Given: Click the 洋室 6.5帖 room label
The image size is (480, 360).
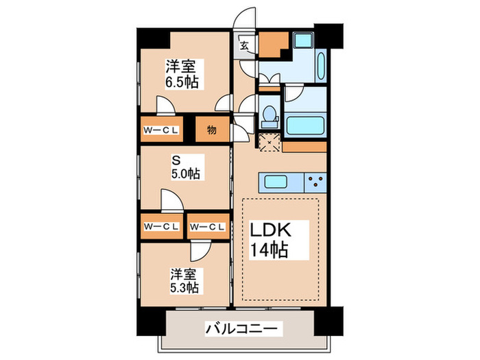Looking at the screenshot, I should tap(180, 74).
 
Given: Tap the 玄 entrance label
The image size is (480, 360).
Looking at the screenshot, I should tap(244, 47).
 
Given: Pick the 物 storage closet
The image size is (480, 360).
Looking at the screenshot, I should tap(211, 130).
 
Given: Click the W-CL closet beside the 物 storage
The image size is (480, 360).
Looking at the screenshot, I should tap(162, 130).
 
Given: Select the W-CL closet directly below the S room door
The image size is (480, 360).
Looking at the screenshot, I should tap(162, 226).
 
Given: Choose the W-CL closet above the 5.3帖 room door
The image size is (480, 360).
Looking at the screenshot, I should tap(207, 226).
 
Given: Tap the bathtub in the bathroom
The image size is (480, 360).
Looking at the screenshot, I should tap(302, 125).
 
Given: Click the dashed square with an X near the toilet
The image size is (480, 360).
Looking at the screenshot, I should tap(269, 142).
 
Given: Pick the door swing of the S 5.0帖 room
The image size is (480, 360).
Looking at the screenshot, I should tap(171, 200).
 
